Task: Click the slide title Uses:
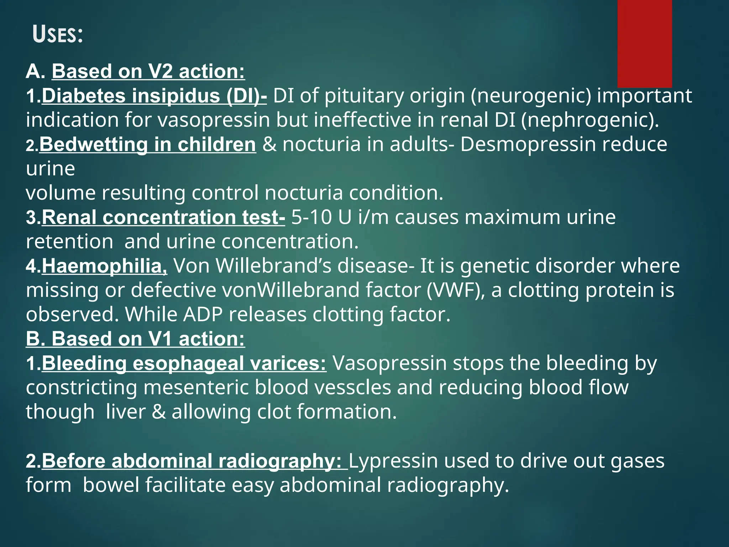(x=58, y=35)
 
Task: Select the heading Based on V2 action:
(x=148, y=71)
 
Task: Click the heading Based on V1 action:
(x=135, y=339)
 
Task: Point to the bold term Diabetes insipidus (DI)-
(x=154, y=96)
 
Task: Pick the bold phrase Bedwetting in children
(x=147, y=144)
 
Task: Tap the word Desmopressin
(x=528, y=144)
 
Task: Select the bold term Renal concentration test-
(x=163, y=217)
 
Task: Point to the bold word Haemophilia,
(x=104, y=266)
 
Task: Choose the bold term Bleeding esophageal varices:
(x=184, y=363)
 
